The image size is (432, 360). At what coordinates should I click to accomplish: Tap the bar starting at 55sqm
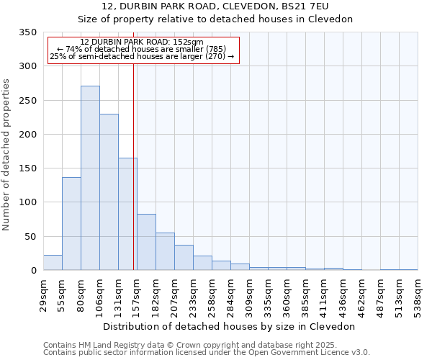71,223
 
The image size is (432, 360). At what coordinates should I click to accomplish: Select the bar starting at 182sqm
165,251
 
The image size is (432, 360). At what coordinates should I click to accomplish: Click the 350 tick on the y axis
28,32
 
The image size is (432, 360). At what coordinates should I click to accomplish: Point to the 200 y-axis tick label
28,135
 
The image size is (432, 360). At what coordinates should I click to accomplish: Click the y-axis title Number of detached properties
7,154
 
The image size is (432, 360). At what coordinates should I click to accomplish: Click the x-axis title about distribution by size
230,326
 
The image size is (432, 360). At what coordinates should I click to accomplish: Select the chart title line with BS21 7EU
215,6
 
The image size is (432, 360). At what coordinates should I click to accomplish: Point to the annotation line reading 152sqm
142,42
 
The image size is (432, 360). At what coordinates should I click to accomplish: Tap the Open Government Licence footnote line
207,352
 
